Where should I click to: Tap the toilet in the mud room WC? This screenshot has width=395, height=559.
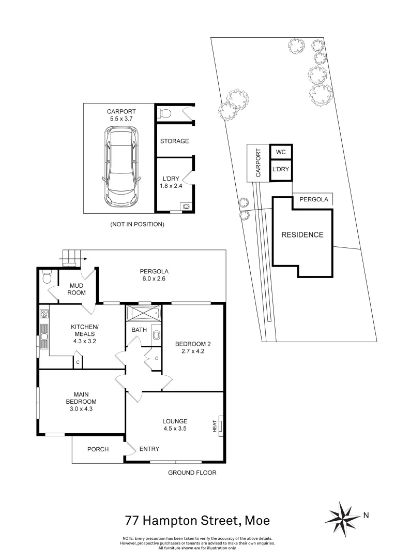[x=47, y=276]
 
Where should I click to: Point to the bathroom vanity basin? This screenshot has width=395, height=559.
[x=156, y=335]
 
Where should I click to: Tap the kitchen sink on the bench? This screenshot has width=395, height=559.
[x=44, y=336]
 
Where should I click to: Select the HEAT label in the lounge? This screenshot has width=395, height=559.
[x=215, y=426]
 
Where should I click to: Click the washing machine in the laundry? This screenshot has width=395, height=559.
[x=186, y=207]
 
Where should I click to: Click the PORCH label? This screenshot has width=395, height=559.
[x=98, y=449]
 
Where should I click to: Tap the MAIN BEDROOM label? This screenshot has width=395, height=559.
[x=81, y=398]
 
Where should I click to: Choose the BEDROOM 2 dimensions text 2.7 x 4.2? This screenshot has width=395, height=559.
[x=193, y=351]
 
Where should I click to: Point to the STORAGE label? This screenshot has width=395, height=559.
[x=175, y=141]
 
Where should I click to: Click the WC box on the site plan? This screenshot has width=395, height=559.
[x=281, y=152]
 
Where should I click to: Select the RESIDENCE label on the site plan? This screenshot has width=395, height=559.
[x=302, y=234]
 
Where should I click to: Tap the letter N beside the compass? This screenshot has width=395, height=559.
[x=366, y=515]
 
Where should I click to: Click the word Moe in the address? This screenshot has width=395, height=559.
[x=258, y=521]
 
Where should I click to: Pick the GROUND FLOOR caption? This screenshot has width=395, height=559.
[x=192, y=473]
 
